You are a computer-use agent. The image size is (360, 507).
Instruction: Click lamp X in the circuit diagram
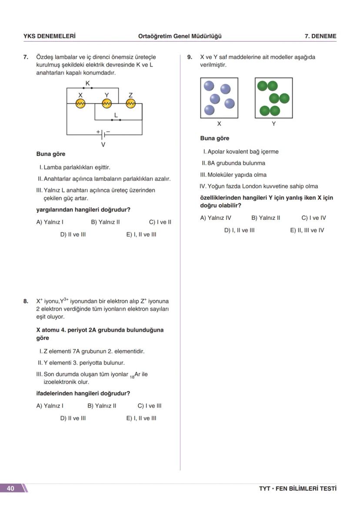80,103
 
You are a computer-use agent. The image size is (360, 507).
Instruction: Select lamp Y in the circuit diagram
107,103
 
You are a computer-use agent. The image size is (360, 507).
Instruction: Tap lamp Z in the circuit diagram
131,103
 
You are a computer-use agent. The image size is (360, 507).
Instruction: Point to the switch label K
87,83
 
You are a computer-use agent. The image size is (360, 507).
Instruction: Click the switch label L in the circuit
116,115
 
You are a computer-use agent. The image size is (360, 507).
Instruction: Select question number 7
26,57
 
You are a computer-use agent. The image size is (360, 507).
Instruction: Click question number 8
26,301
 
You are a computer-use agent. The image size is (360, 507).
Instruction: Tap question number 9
190,57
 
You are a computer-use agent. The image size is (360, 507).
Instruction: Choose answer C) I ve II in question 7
160,222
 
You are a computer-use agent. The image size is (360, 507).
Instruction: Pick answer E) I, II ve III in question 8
141,418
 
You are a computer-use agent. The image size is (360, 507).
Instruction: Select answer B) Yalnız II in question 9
266,218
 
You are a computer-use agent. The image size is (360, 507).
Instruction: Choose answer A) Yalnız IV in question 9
216,218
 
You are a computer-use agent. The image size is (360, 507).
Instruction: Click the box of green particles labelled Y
273,98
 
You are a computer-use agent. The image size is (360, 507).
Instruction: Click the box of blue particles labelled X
219,98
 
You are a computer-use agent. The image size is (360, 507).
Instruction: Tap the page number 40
10,488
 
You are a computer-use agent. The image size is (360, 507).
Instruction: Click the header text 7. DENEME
320,36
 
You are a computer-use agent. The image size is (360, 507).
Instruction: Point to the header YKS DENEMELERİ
49,36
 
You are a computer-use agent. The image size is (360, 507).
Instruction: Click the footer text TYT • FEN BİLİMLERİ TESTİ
297,489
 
